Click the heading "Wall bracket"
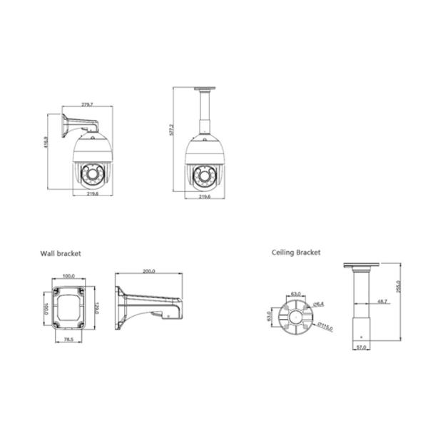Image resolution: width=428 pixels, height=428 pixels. [61, 253]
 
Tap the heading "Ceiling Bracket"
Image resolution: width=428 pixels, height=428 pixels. [296, 253]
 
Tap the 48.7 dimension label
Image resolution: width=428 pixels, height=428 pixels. [382, 302]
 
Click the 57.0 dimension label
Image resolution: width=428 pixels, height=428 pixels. [361, 347]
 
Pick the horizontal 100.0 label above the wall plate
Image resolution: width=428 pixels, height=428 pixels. [69, 275]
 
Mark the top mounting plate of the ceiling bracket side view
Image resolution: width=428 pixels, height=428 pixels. [361, 266]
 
